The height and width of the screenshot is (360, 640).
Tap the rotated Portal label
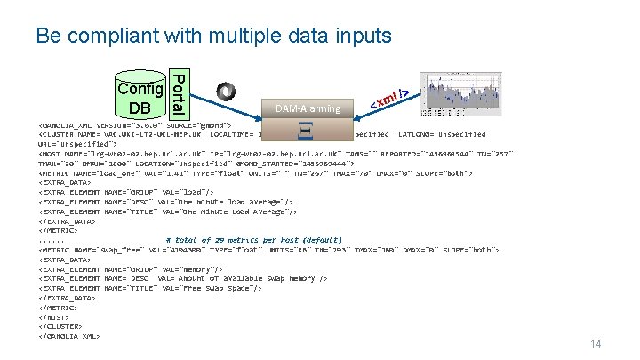[x=178, y=94]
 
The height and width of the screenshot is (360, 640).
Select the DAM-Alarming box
[x=308, y=108]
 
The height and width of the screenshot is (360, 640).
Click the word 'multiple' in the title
[x=244, y=36]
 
